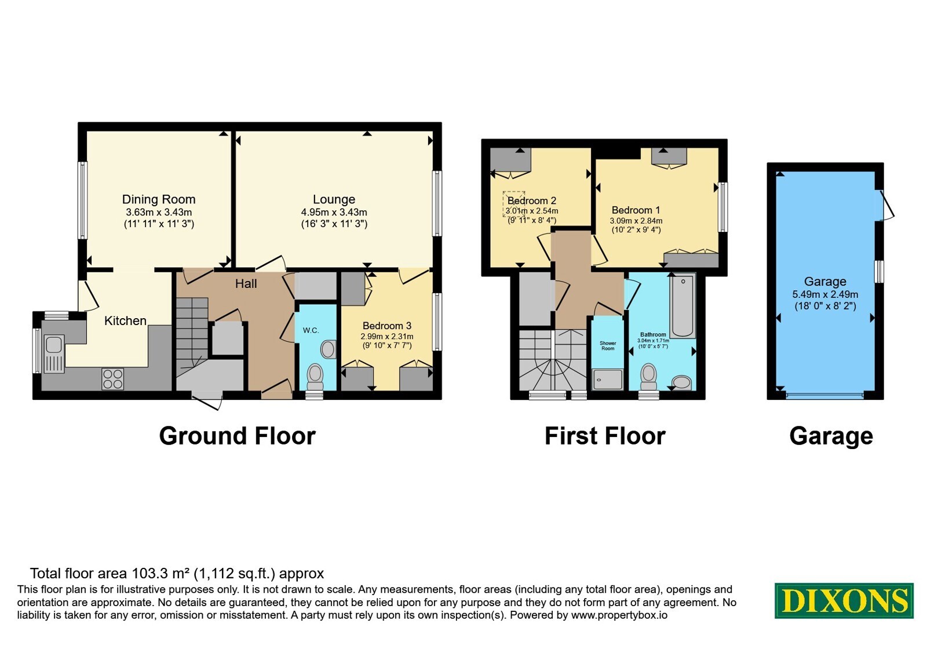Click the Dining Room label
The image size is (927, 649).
tap(159, 199)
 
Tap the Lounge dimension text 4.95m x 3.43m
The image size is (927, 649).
tap(334, 212)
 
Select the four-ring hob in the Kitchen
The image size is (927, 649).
tap(112, 379)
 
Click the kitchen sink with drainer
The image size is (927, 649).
tap(54, 354)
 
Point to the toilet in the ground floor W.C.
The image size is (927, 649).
tap(315, 377)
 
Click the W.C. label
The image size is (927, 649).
tap(311, 330)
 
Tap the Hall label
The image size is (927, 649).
tap(246, 283)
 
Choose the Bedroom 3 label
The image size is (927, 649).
tap(387, 326)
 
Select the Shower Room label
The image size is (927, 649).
tap(608, 345)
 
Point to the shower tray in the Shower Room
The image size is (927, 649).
tap(607, 380)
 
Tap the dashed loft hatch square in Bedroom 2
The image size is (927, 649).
tap(514, 203)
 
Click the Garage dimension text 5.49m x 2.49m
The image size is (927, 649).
tap(825, 295)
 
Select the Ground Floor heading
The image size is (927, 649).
tap(238, 436)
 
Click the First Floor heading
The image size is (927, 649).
tap(605, 436)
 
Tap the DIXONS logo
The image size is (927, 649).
tap(844, 600)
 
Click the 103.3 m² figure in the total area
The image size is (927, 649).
tap(160, 573)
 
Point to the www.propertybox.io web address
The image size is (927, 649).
tap(619, 615)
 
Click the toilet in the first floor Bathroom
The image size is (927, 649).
tap(648, 377)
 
